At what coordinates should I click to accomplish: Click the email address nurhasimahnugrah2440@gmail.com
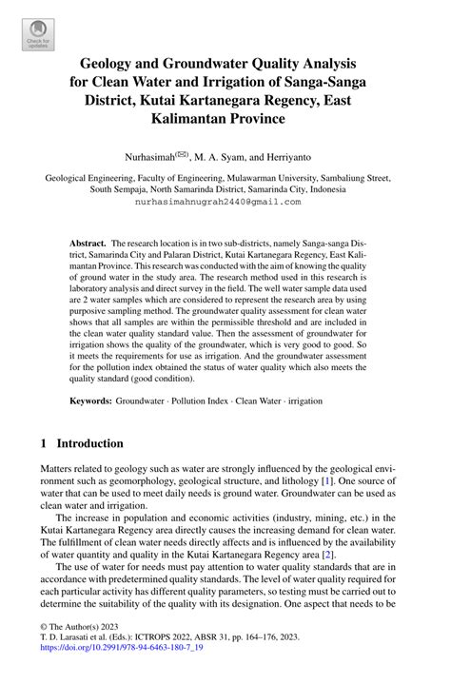225,203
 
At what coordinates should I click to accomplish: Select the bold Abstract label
88,244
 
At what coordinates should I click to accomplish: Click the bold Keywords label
91,401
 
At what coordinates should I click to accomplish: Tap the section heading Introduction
89,443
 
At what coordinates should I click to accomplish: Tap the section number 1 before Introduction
44,443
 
